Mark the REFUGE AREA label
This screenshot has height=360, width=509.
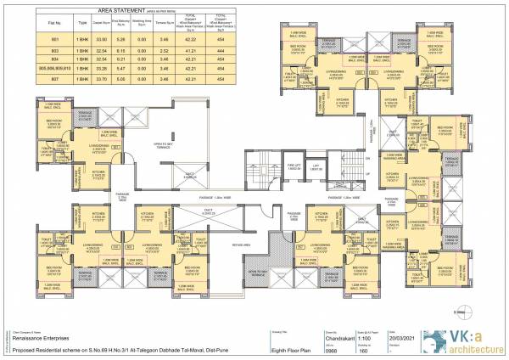[x=240, y=243]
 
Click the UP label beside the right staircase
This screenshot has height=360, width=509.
[x=366, y=158]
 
